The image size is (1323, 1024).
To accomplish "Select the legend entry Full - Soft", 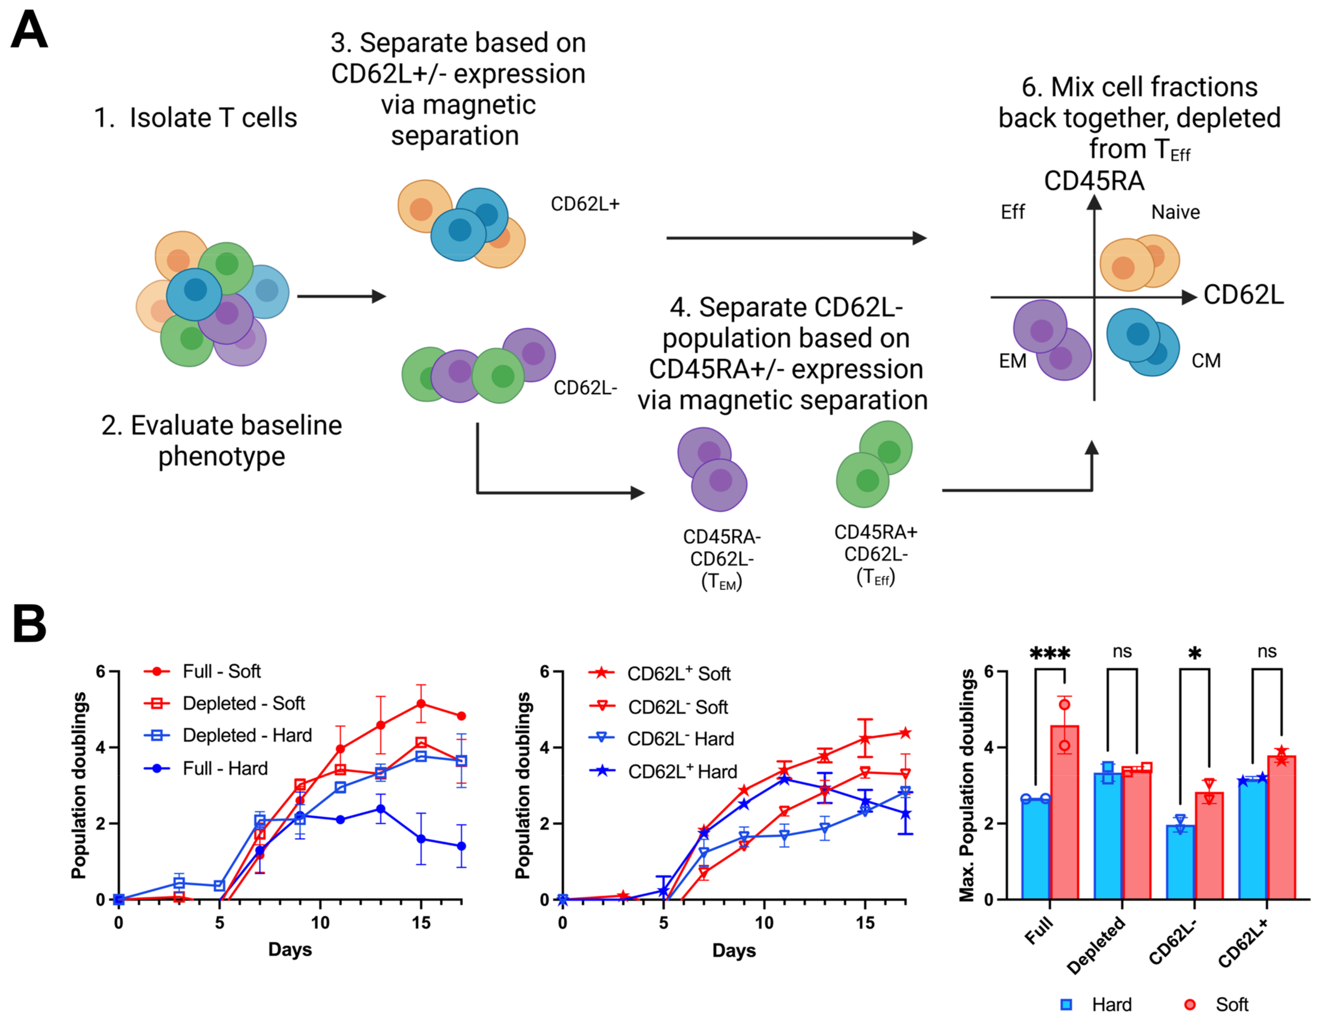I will pyautogui.click(x=221, y=672).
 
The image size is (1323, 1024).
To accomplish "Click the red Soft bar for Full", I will pyautogui.click(x=1064, y=812).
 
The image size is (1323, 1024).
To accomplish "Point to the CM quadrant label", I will pyautogui.click(x=1205, y=361).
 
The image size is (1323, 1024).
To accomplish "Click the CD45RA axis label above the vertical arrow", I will pyautogui.click(x=1094, y=180).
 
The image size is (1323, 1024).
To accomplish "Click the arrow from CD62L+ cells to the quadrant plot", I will pyautogui.click(x=796, y=238).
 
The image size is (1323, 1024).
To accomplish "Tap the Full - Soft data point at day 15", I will pyautogui.click(x=421, y=704).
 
